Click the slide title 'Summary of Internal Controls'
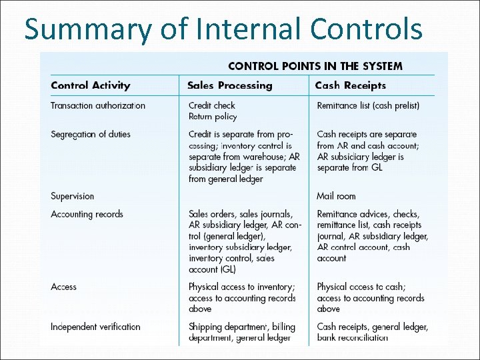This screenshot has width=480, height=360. point(223,30)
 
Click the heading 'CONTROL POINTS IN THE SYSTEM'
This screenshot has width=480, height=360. point(315,66)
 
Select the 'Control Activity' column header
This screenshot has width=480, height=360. point(90,85)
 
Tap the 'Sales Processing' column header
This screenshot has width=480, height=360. point(229,85)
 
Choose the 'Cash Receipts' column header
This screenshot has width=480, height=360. point(350,85)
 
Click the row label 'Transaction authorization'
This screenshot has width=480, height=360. point(97,105)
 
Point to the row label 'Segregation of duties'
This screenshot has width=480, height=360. point(90,135)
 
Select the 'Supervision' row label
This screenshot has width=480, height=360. point(72,196)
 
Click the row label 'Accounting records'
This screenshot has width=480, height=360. point(87,214)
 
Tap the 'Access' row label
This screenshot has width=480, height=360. point(63,287)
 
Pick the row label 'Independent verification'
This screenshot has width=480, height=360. point(95,327)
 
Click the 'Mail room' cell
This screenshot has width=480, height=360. point(336,196)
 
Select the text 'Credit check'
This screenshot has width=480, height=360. point(211,105)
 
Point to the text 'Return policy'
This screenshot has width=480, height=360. point(212,117)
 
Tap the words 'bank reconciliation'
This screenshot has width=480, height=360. point(352,337)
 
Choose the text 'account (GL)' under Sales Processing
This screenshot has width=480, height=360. point(212,269)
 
